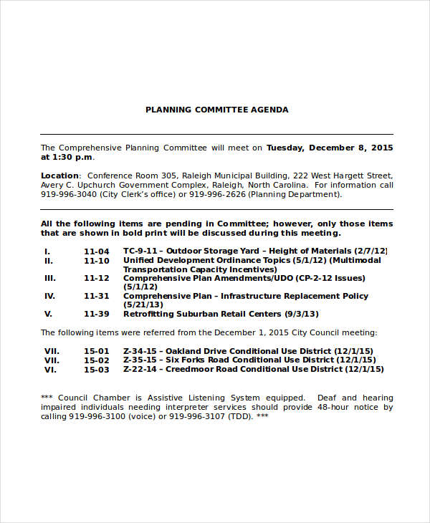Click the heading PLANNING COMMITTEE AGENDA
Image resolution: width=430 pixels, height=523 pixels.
tap(216, 110)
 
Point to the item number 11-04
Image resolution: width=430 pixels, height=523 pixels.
tap(97, 251)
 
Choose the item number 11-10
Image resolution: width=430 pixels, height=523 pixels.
tap(97, 260)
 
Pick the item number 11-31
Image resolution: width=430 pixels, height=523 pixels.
tap(97, 296)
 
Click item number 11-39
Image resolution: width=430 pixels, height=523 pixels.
tap(97, 314)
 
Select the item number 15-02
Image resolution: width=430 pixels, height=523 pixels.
tap(97, 360)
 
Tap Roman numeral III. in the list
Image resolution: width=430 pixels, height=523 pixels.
tap(49, 278)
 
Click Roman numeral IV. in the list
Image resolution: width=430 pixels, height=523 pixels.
tap(49, 296)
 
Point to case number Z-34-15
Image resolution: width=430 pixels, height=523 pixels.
tap(140, 351)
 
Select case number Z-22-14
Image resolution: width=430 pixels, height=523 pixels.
tap(140, 369)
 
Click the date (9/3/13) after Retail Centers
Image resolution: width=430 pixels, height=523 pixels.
tap(301, 314)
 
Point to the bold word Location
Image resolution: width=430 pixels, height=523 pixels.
tap(59, 176)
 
